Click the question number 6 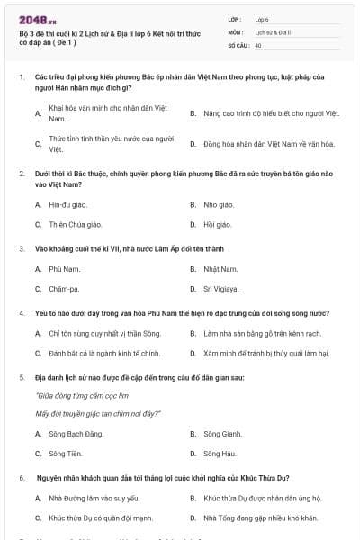(x=21, y=478)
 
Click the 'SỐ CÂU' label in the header (x=238, y=45)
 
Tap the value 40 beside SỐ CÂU (x=258, y=45)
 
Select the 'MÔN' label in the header (x=236, y=31)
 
